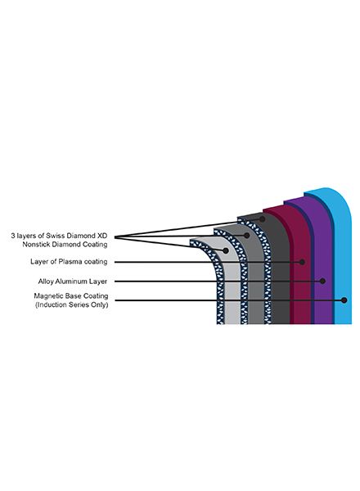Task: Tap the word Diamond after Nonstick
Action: [66, 244]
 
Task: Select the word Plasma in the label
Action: [70, 262]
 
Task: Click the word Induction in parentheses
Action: [52, 304]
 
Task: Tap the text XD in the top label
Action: [102, 236]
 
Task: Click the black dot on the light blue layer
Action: [344, 300]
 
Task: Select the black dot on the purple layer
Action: [322, 281]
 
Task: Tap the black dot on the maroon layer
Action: [302, 262]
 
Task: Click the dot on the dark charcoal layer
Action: [262, 218]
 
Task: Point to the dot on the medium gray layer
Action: [246, 236]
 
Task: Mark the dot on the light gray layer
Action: [225, 250]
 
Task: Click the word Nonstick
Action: [36, 244]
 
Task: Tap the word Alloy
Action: [46, 282]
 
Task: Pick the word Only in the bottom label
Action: [100, 304]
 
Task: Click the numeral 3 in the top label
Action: [13, 236]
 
